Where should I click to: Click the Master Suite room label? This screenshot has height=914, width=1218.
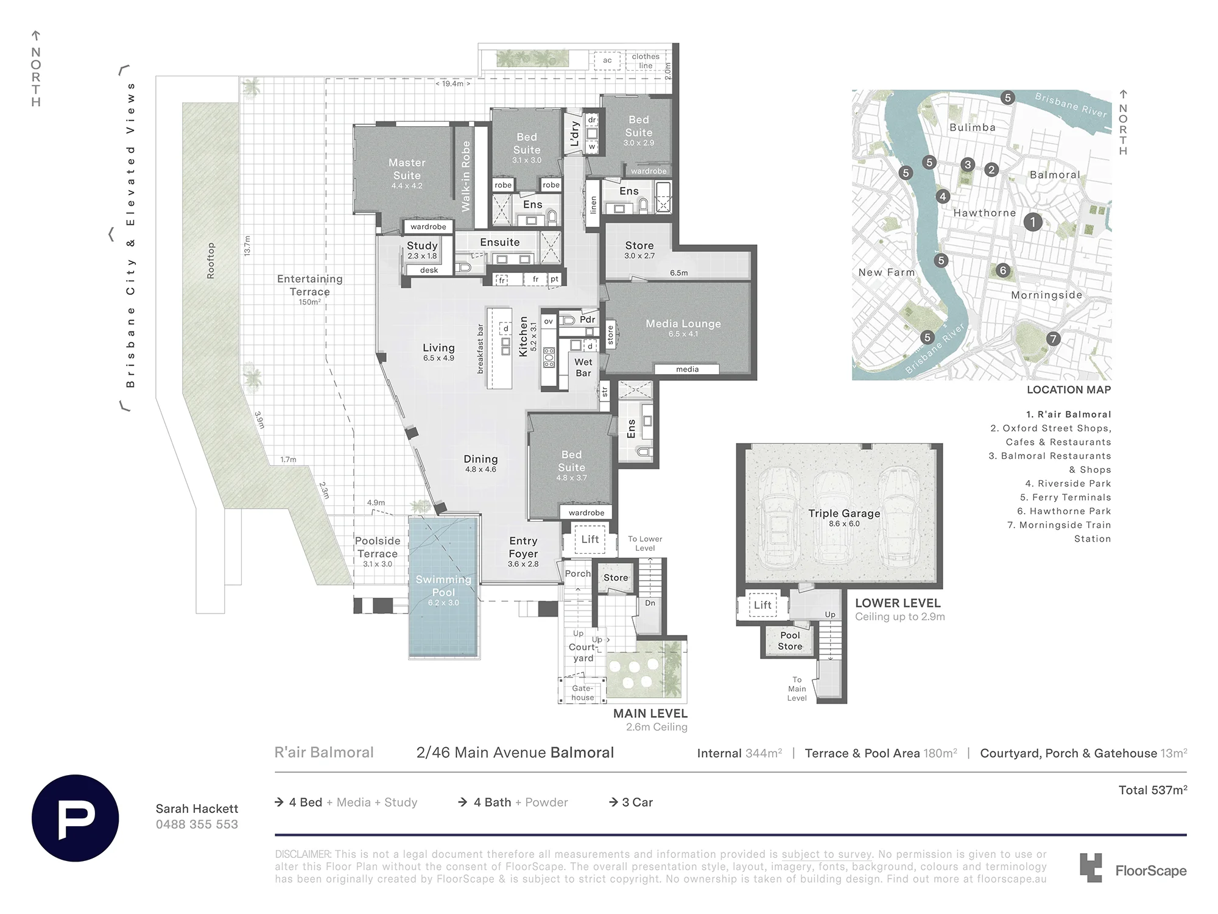(x=407, y=169)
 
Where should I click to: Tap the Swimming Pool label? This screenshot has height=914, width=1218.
(x=443, y=586)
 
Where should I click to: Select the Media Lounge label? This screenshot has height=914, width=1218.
(x=683, y=324)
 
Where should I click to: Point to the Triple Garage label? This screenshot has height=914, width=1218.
(x=844, y=513)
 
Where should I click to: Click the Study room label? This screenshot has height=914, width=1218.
(x=422, y=246)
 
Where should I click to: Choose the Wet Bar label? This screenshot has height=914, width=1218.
(x=583, y=367)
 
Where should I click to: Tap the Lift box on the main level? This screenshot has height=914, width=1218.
(x=590, y=539)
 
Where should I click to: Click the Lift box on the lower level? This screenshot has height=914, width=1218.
(x=762, y=604)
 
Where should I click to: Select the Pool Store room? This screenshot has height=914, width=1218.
(x=790, y=640)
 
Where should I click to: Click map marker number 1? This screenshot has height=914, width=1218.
(x=1032, y=222)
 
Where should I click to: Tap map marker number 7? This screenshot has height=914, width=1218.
(x=1053, y=339)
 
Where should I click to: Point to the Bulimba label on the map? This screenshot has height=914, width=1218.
(x=973, y=127)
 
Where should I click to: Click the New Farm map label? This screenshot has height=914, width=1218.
(x=887, y=272)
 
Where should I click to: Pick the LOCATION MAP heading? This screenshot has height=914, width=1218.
(x=1069, y=390)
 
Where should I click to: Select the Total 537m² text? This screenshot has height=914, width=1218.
(x=1153, y=790)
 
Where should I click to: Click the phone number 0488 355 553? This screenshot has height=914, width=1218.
(x=197, y=824)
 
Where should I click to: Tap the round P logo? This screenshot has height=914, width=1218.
(x=76, y=818)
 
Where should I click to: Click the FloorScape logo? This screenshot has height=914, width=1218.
(x=1133, y=868)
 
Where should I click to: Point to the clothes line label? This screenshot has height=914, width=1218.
(x=646, y=61)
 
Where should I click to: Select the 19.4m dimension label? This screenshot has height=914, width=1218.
(x=452, y=83)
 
